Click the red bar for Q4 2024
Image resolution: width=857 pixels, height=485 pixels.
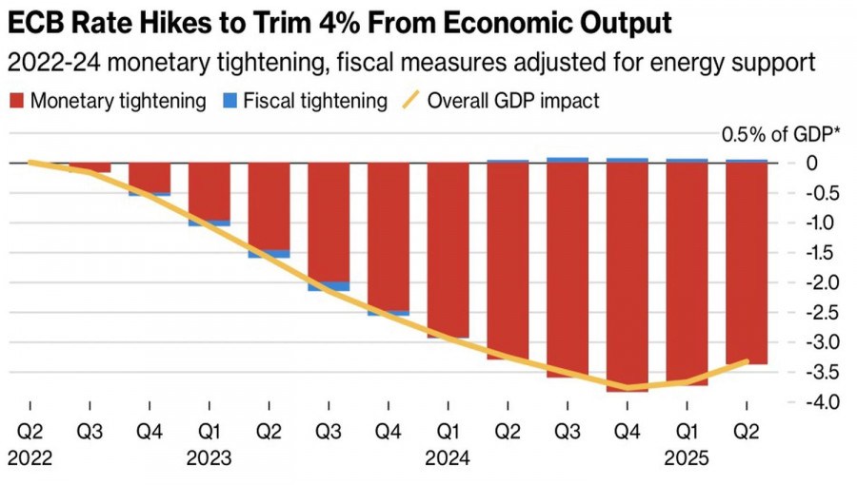[x=628, y=276]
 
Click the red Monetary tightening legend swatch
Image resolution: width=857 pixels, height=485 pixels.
[x=16, y=100]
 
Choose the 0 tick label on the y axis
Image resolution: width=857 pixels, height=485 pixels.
[x=811, y=163]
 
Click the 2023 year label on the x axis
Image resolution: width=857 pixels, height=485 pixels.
[x=209, y=458]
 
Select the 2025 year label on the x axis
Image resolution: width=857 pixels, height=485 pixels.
[x=687, y=458]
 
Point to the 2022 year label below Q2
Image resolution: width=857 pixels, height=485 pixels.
[x=30, y=458]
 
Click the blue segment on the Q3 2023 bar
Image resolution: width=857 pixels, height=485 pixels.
[x=329, y=286]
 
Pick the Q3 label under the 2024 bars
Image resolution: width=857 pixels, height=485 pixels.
[x=568, y=430]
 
